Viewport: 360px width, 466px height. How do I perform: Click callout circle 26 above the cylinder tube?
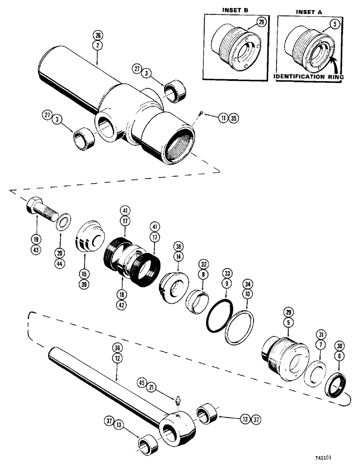coord(97,34)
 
